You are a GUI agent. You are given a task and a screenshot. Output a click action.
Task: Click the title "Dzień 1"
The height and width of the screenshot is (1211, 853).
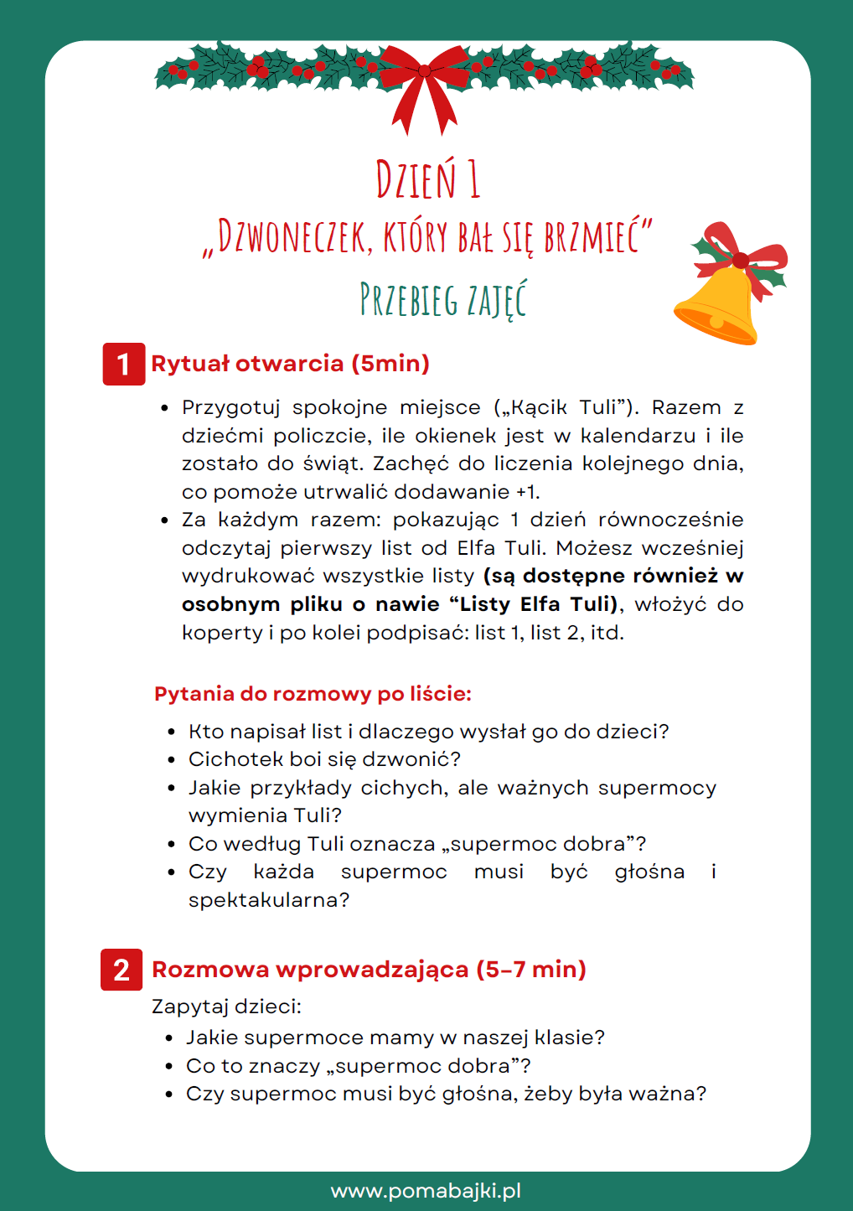coord(427,179)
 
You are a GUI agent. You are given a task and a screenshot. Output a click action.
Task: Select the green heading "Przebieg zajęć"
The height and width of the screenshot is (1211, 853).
coord(443,299)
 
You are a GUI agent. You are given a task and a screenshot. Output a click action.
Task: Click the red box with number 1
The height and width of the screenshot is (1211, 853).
coord(123,364)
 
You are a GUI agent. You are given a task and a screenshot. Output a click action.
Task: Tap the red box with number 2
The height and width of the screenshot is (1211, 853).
coord(121,970)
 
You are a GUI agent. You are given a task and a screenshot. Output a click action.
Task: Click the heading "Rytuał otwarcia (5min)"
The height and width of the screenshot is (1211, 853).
coord(290,364)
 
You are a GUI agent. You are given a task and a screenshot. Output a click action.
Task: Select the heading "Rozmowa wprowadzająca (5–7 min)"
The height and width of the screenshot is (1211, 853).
coord(369,970)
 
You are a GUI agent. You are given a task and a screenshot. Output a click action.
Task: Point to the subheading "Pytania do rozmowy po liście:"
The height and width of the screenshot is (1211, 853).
coord(313,694)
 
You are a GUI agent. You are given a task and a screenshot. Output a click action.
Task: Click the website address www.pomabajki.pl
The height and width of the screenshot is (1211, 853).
coord(426,1191)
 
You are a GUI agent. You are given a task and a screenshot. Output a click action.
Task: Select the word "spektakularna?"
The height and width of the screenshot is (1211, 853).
coord(268,900)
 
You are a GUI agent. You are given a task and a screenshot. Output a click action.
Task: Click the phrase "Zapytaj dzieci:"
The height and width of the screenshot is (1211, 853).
coord(226,1007)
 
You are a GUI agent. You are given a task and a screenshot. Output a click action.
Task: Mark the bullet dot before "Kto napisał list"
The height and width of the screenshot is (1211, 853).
coord(171,732)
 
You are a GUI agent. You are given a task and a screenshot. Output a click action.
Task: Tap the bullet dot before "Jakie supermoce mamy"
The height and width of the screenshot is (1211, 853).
coord(169,1038)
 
